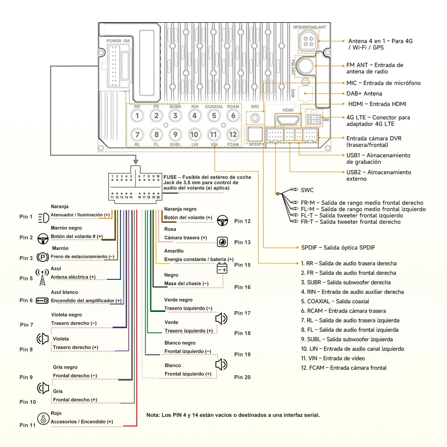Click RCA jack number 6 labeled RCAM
point(233,116)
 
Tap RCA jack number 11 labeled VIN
point(214,134)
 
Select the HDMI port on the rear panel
point(288,120)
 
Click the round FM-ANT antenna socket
point(305,66)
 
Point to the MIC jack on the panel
point(255,118)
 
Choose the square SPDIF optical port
point(255,134)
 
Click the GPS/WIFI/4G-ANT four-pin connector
point(309,41)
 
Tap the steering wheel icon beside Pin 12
point(222,221)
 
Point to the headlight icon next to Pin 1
point(43,218)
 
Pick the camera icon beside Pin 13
point(222,242)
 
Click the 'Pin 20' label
point(242,377)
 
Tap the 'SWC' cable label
point(307,190)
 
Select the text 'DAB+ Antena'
point(364,94)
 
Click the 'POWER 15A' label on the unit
point(118,41)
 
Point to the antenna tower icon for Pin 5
point(42,277)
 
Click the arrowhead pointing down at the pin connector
point(136,162)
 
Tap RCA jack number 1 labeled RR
point(137,116)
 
